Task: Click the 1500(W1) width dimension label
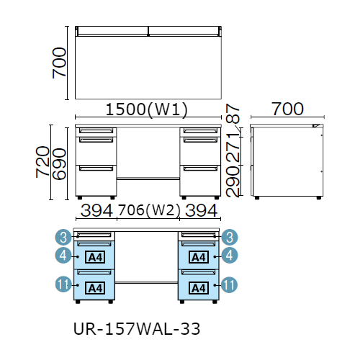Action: (147, 109)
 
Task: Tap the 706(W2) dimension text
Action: (149, 210)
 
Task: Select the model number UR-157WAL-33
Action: (137, 329)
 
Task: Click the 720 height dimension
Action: (42, 162)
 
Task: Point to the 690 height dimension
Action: (59, 164)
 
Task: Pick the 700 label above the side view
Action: (287, 109)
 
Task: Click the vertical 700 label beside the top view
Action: (59, 63)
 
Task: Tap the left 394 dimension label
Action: (96, 210)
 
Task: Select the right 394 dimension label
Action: (202, 210)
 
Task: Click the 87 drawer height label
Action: (233, 113)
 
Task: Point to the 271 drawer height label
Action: (233, 147)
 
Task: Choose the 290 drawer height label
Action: (233, 181)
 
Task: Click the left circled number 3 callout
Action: (63, 237)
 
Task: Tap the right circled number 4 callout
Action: (230, 255)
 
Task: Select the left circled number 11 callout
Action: (63, 284)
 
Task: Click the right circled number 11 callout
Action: (229, 284)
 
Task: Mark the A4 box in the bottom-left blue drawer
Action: (95, 288)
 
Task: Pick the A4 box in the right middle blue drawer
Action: (199, 257)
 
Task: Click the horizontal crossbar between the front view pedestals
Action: (148, 179)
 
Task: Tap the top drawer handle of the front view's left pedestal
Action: (96, 130)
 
